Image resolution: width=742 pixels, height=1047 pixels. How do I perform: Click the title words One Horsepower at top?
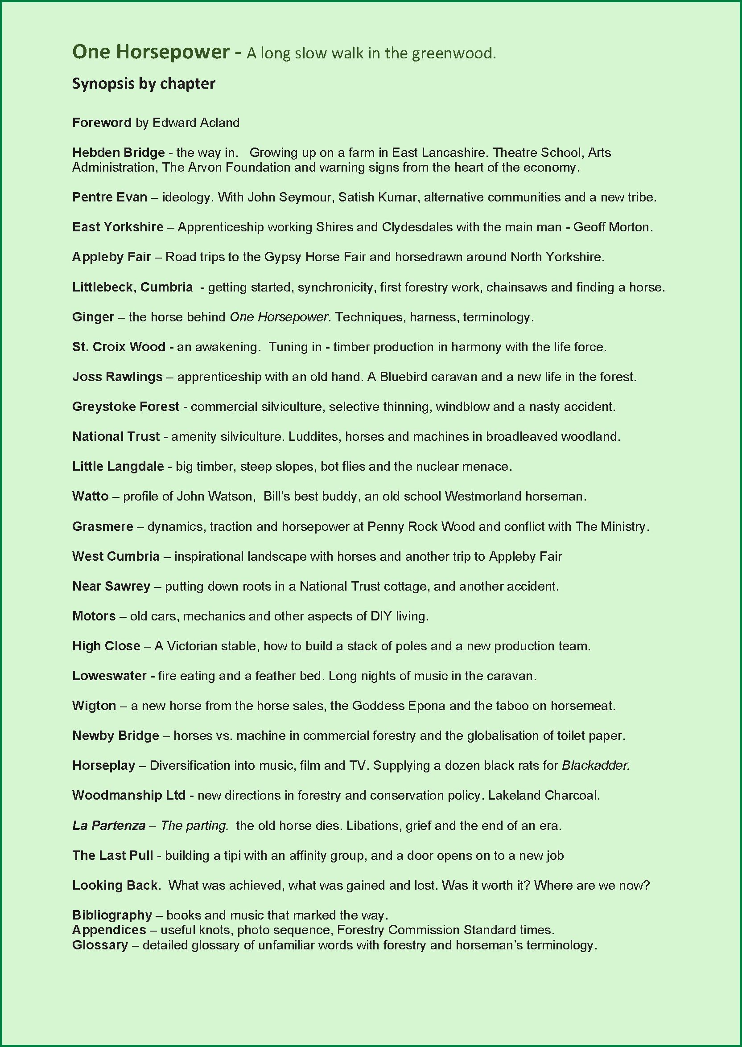(x=151, y=52)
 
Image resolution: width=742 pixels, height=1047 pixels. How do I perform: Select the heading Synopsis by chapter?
(x=144, y=83)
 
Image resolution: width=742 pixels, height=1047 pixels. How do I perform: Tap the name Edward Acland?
(x=196, y=123)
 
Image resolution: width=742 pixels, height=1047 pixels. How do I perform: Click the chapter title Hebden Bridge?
(x=118, y=152)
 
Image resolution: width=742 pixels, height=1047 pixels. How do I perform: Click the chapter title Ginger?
(x=93, y=317)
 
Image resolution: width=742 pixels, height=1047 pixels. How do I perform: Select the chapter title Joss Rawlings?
(x=117, y=377)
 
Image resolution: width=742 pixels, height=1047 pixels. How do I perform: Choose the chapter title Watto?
(x=91, y=497)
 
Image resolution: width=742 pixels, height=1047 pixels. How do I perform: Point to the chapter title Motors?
(x=94, y=616)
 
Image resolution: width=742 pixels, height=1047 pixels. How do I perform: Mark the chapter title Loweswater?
(x=109, y=676)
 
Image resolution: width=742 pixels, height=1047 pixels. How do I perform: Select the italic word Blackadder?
(x=596, y=766)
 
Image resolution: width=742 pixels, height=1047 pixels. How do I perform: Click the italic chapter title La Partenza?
(x=109, y=825)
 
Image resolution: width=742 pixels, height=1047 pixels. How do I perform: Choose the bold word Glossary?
(x=100, y=945)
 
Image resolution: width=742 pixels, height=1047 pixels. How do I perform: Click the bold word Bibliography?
(x=112, y=915)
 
